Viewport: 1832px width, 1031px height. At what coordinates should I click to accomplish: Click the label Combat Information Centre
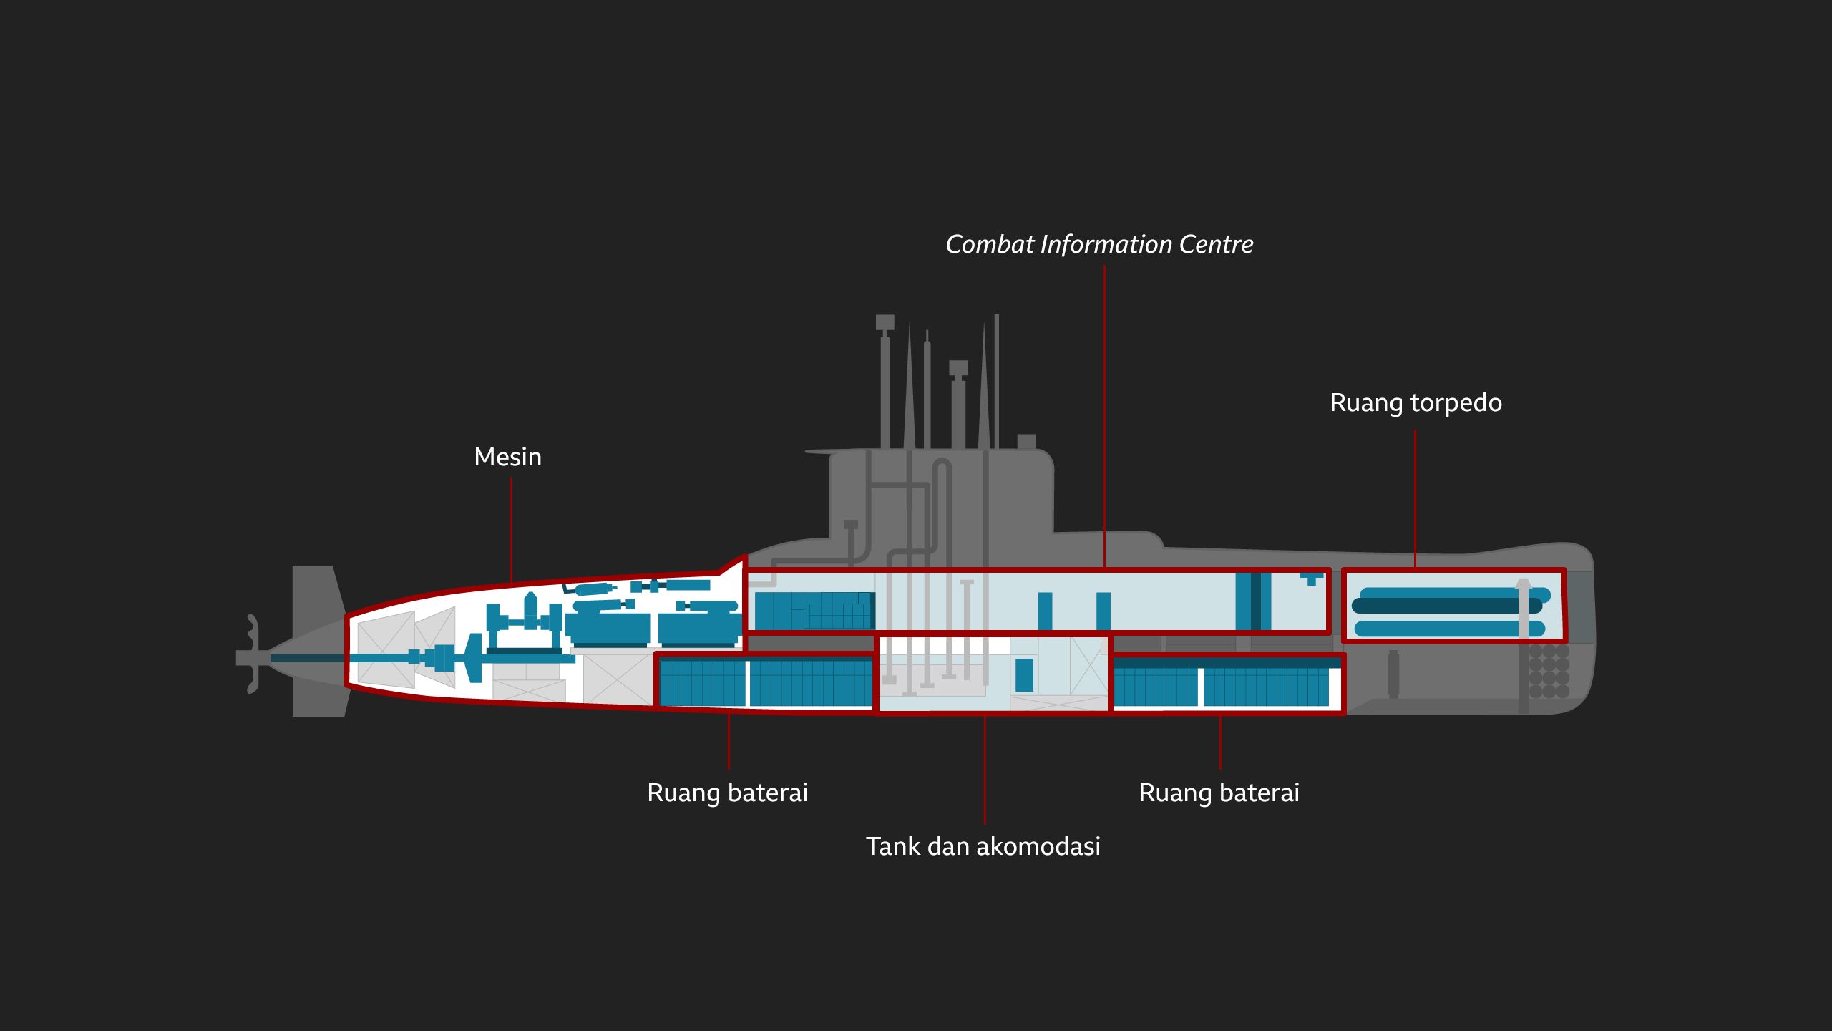click(1099, 245)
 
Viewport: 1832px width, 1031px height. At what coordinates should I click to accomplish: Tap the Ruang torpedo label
click(1416, 402)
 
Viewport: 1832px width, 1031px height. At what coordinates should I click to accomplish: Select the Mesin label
click(507, 457)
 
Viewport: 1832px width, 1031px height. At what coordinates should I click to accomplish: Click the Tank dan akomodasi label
click(983, 846)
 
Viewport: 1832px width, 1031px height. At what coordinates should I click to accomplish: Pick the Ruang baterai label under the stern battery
click(727, 793)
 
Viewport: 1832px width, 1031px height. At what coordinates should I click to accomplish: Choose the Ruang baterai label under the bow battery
click(1219, 793)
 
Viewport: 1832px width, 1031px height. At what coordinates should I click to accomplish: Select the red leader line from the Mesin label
click(511, 530)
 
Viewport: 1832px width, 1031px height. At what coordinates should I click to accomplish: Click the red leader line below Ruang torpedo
click(1415, 498)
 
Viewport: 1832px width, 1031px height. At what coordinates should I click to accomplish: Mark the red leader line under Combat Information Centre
click(1104, 415)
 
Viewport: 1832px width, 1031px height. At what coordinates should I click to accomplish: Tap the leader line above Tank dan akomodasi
click(985, 770)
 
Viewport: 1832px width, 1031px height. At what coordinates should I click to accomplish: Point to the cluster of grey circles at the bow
click(1549, 672)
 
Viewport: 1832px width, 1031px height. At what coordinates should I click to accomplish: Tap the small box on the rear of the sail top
click(1026, 441)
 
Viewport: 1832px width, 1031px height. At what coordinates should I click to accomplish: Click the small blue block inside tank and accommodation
click(1024, 675)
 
